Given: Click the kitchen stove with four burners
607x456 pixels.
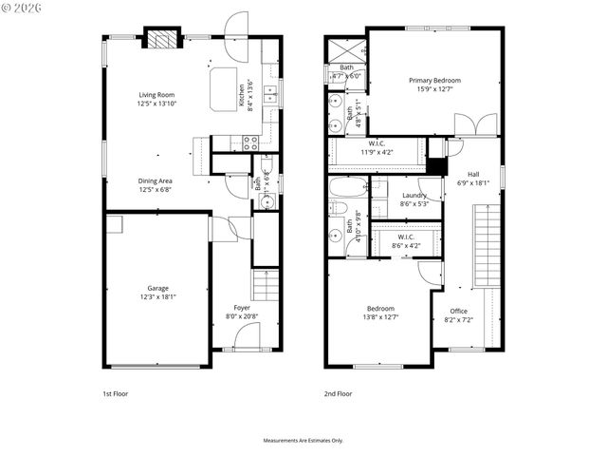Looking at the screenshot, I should click(x=250, y=143).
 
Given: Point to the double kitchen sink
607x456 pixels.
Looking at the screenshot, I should click(x=271, y=93).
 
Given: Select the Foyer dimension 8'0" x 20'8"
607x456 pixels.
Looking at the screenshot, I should click(x=242, y=316).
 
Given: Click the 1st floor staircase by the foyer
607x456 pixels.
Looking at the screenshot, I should click(x=267, y=284).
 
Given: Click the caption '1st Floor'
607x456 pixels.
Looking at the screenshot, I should click(x=115, y=392).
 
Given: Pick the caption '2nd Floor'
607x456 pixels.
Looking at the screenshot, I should click(x=339, y=392).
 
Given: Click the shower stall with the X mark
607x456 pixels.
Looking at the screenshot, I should click(x=345, y=50).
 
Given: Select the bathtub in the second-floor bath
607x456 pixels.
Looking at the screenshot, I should click(x=347, y=186).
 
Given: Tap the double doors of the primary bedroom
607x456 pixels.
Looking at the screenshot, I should click(x=474, y=126).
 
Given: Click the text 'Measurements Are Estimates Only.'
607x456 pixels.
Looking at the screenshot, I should click(x=303, y=441).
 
